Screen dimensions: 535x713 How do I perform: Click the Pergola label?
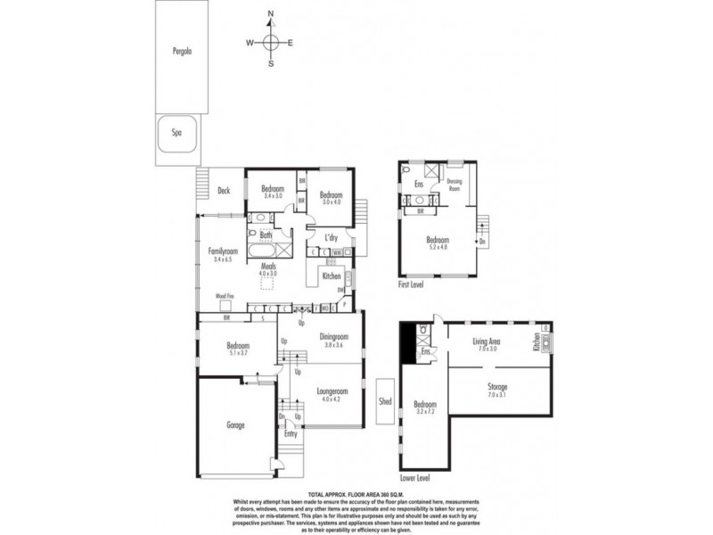(183, 52)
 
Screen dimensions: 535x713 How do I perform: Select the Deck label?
(225, 191)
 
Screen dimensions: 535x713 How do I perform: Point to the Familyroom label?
(223, 251)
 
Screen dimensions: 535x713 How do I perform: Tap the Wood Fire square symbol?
(225, 305)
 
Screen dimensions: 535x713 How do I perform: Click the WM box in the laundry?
(327, 252)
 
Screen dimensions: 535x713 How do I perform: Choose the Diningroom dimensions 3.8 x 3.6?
(334, 345)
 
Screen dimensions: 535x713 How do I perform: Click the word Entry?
(291, 434)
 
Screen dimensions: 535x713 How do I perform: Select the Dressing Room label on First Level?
(455, 186)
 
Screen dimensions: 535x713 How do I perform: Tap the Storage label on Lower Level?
(497, 387)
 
